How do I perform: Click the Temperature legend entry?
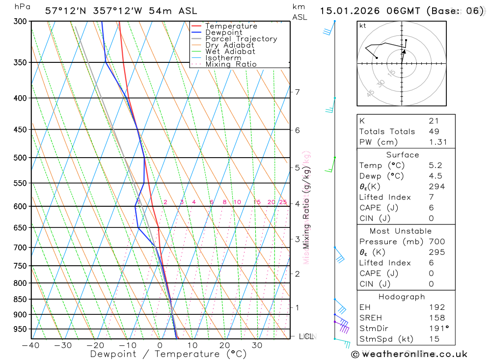[231, 26]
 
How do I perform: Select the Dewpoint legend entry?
[224, 32]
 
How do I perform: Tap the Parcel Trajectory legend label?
[241, 39]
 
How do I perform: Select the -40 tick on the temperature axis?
[30, 345]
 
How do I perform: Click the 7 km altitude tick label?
[297, 92]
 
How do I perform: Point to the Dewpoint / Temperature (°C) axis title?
[168, 354]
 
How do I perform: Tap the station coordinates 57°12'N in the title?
[66, 10]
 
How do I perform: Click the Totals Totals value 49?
[434, 132]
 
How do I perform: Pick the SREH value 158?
[436, 318]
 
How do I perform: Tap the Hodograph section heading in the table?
[405, 297]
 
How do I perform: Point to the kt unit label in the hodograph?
[363, 26]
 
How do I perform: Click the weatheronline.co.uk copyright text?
[409, 354]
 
